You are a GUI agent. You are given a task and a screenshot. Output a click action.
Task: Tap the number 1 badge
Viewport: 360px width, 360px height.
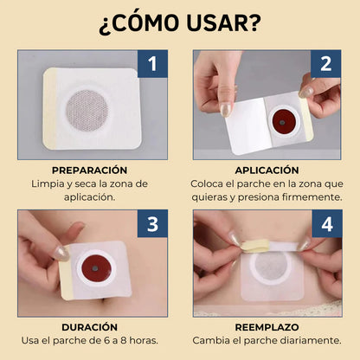152,64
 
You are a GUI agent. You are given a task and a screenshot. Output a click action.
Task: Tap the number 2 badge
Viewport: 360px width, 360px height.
326,64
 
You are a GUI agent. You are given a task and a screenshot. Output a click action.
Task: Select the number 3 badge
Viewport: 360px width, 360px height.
152,224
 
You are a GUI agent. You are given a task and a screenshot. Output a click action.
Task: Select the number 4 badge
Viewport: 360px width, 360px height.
326,224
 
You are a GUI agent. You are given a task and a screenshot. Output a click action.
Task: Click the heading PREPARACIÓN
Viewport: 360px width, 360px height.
89,170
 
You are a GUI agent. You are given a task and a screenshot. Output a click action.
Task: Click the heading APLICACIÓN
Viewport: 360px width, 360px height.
267,170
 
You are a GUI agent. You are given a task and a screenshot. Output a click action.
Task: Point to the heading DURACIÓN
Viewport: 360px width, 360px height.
89,328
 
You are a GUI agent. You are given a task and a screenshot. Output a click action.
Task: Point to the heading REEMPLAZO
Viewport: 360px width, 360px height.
267,328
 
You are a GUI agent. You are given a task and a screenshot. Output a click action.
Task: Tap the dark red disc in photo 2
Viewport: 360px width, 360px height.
283,116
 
